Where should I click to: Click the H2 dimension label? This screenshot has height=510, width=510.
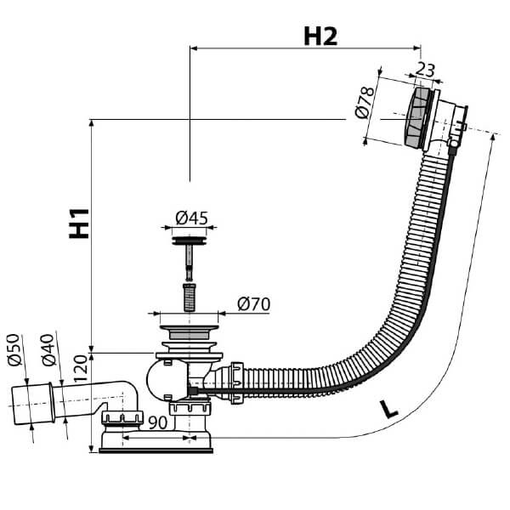pos(320,36)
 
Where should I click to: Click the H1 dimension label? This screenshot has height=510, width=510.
pos(79,223)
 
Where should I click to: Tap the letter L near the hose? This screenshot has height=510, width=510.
pos(388,408)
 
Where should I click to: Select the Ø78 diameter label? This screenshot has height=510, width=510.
pos(362,105)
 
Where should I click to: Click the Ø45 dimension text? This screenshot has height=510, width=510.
pos(191,218)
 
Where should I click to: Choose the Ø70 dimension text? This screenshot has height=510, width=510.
pos(254,303)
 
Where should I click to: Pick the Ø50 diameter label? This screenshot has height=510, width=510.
pos(14,350)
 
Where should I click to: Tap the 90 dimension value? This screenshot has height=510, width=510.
pos(157,422)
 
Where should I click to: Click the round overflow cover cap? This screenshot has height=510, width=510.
pos(416,116)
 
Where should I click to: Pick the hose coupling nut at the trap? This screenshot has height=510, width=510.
pos(234,376)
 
